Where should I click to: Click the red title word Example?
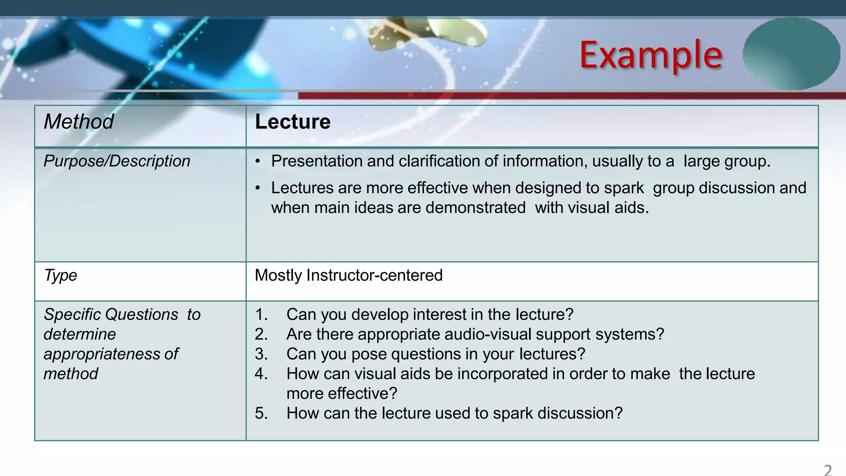click(651, 55)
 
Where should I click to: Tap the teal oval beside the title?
click(791, 54)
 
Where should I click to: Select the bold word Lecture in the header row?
click(293, 122)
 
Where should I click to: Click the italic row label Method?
click(78, 122)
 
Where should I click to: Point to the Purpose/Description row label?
click(117, 161)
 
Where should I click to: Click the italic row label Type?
click(60, 275)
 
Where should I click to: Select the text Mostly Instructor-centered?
click(349, 275)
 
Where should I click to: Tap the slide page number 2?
click(828, 470)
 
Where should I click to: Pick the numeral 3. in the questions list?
click(261, 354)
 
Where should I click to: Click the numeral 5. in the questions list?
click(261, 413)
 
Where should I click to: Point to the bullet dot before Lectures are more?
click(258, 188)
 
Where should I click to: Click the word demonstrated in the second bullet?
click(475, 208)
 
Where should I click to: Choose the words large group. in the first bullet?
click(727, 161)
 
